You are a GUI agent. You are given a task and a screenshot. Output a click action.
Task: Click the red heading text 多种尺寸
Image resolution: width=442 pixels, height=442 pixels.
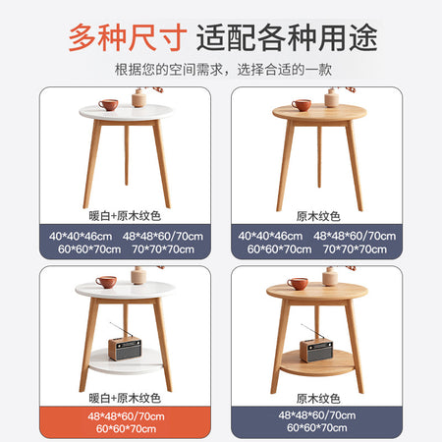[128, 37]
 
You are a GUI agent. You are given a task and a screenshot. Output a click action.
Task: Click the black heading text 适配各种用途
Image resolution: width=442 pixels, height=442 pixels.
[287, 37]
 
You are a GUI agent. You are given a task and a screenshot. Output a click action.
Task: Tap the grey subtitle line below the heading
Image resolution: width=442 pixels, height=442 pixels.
[223, 70]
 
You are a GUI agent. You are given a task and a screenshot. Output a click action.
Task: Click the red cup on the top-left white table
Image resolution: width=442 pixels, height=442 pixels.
[108, 105]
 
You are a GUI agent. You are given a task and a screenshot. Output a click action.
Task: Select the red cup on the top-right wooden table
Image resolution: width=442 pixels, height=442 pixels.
[302, 105]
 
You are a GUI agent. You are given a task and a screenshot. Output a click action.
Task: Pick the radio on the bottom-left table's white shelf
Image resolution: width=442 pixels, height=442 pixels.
[125, 347]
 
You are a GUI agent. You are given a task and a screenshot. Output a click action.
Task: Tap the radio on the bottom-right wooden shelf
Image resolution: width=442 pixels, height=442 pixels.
[316, 349]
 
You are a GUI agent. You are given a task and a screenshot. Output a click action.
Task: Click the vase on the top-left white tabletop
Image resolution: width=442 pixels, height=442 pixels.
[138, 97]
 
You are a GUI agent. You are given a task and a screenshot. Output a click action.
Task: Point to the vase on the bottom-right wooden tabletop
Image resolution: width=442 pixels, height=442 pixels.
[330, 277]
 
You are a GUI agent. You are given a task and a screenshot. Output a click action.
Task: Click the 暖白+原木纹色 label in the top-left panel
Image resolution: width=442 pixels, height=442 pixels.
[125, 216]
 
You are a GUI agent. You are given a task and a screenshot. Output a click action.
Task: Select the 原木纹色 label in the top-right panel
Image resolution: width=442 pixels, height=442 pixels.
[318, 216]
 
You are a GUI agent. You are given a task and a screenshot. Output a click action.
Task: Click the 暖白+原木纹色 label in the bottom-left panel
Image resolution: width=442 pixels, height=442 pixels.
[125, 398]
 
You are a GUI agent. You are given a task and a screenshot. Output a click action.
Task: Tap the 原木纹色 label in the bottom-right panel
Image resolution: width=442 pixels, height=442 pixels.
[318, 399]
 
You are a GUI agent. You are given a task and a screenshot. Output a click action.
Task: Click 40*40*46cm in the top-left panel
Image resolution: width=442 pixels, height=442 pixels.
[81, 236]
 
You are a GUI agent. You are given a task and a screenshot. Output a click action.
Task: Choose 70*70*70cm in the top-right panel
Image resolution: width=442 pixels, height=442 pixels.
[355, 249]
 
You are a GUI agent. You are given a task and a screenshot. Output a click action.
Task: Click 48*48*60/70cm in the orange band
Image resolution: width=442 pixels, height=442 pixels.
[126, 416]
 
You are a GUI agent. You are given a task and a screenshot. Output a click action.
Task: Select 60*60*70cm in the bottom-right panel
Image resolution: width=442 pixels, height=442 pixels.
[317, 427]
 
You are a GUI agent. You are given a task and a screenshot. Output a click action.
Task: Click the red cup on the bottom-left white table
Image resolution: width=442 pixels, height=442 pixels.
[106, 282]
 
